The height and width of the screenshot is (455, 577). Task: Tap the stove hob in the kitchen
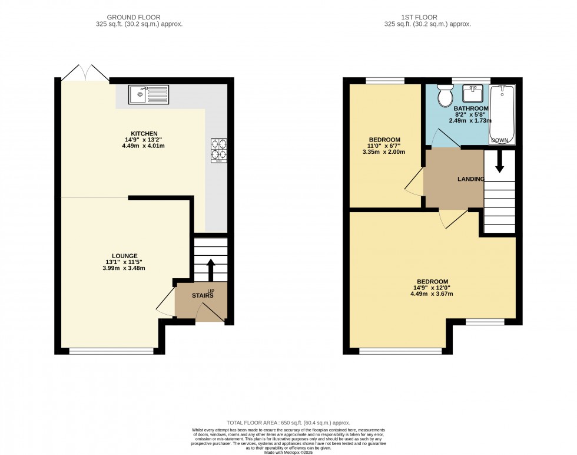[x=218, y=150]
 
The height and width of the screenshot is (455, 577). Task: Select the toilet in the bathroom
[x=445, y=96]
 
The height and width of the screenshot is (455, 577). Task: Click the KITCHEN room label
[x=144, y=134]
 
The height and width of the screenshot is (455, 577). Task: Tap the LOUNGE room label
[x=125, y=256]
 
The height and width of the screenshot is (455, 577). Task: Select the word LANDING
[x=471, y=179]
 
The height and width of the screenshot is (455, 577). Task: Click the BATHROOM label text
[x=471, y=109]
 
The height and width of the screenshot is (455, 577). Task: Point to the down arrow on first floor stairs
[x=499, y=162]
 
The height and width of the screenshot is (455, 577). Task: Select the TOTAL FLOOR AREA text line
[x=288, y=423]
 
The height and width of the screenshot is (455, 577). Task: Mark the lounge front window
[x=112, y=351]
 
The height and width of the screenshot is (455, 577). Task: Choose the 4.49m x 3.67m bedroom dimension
[x=432, y=294]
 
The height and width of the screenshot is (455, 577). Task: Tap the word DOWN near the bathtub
[x=501, y=140]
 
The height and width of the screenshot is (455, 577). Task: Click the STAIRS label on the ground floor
[x=202, y=296]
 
